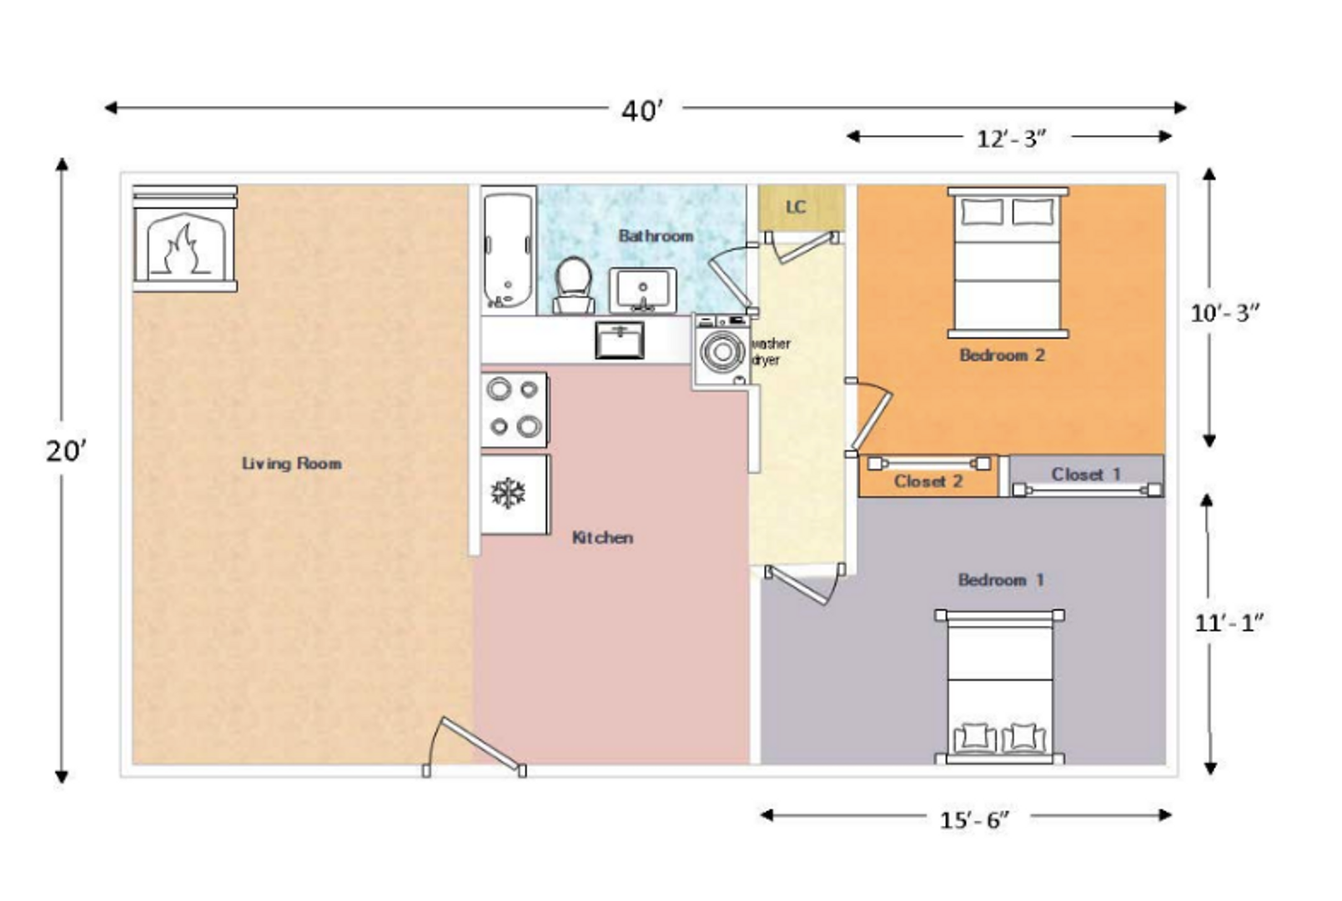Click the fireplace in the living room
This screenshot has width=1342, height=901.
point(185,239)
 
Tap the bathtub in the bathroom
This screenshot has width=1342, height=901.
point(508,249)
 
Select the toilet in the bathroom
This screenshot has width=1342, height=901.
point(574,285)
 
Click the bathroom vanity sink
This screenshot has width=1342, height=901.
point(643,290)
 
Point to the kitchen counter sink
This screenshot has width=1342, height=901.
point(620,340)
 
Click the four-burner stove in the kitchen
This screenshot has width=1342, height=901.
point(514,410)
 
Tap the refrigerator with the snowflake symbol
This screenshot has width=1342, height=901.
point(515,494)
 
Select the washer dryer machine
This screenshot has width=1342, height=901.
point(722,351)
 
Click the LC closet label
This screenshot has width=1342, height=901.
point(796,207)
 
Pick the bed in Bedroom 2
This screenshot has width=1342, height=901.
point(1008,263)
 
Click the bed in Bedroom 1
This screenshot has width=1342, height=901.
point(999,687)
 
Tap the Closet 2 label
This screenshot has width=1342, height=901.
point(928,481)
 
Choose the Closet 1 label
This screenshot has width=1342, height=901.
point(1086,475)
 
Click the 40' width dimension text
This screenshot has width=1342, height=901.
point(642,111)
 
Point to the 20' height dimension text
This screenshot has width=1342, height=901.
point(66,451)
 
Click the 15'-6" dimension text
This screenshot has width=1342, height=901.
point(975,820)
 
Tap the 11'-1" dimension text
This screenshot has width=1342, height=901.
point(1229,624)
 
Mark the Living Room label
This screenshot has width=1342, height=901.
point(292,463)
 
